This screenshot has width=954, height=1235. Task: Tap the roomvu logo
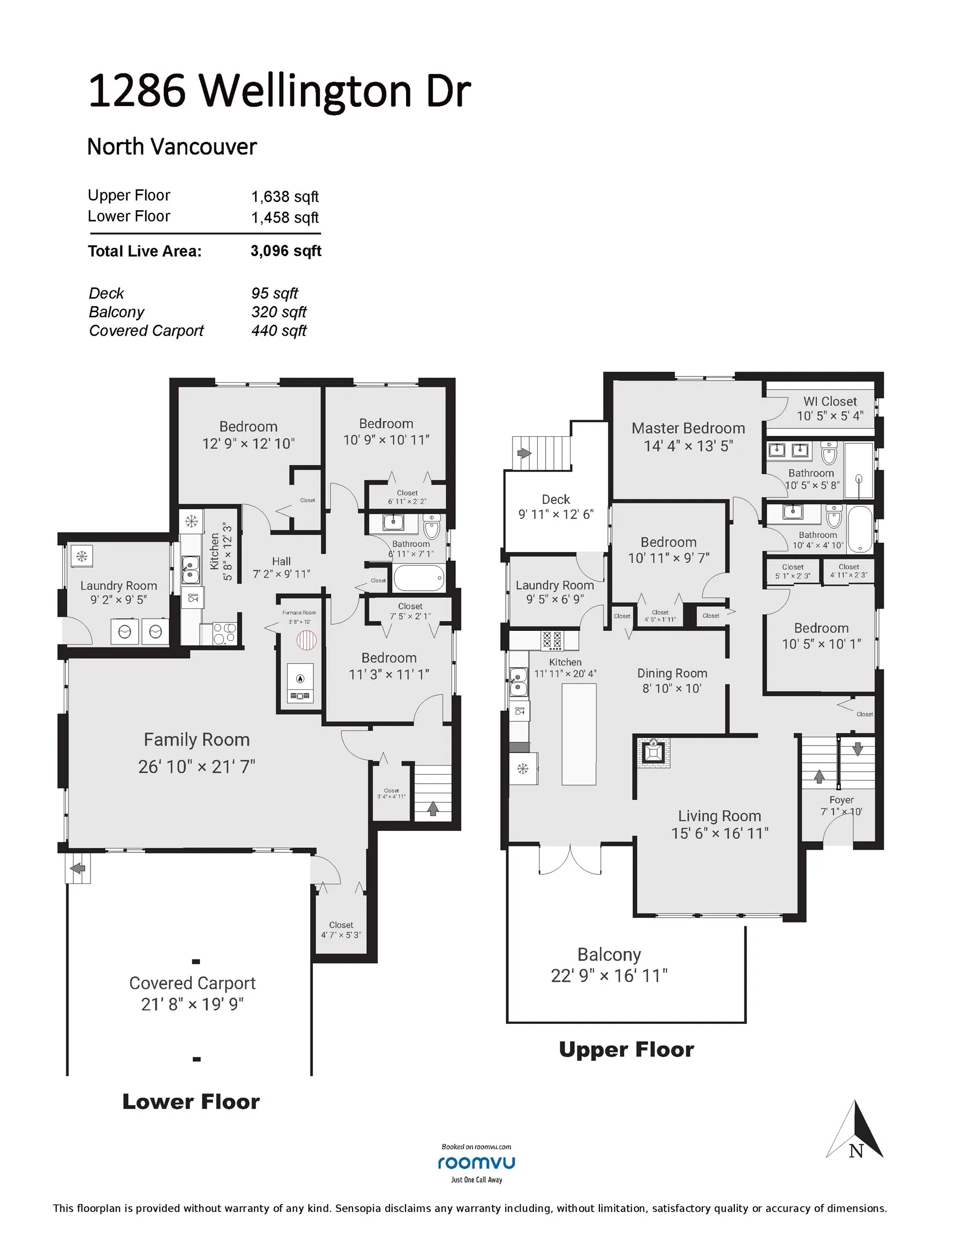pyautogui.click(x=476, y=1163)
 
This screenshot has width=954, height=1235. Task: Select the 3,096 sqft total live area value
pyautogui.click(x=286, y=251)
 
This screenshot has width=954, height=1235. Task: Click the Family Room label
pyautogui.click(x=197, y=740)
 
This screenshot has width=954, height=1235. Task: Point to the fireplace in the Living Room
pyautogui.click(x=653, y=752)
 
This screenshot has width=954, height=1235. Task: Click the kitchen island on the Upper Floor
pyautogui.click(x=579, y=734)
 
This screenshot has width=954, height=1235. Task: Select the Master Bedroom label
pyautogui.click(x=688, y=428)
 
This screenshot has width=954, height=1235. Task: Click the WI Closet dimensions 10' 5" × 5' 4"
pyautogui.click(x=830, y=415)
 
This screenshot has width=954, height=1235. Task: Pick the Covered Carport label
pyautogui.click(x=192, y=984)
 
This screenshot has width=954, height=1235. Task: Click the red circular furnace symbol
pyautogui.click(x=306, y=640)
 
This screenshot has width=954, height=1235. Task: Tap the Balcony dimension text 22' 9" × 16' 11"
pyautogui.click(x=609, y=976)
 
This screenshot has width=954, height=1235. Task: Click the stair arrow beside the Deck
pyautogui.click(x=524, y=453)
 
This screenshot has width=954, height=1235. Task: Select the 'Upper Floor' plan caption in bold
pyautogui.click(x=626, y=1050)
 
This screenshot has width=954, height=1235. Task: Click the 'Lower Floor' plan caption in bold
pyautogui.click(x=191, y=1102)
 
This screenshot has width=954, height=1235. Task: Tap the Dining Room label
pyautogui.click(x=672, y=673)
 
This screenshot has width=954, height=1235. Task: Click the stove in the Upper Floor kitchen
pyautogui.click(x=552, y=640)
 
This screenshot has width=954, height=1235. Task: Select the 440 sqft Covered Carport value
pyautogui.click(x=279, y=331)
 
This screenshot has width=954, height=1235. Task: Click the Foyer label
pyautogui.click(x=841, y=800)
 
